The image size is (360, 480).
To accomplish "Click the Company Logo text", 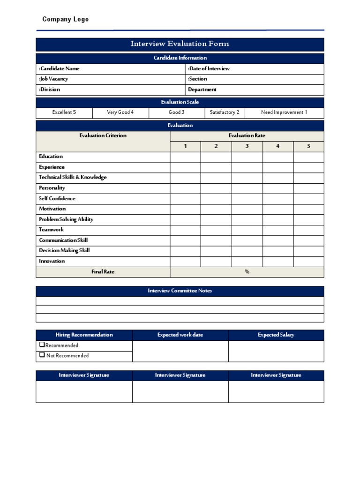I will tap(65, 19).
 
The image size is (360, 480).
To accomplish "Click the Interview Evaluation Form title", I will tap(180, 44).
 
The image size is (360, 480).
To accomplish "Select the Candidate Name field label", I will tap(59, 68).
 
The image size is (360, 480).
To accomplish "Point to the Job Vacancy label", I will tap(53, 79).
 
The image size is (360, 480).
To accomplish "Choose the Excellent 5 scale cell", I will tap(64, 112).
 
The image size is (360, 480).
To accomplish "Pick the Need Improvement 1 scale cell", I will tap(284, 112).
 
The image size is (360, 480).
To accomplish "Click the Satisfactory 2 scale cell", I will tap(225, 112).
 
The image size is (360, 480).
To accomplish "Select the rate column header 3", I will tap(247, 146).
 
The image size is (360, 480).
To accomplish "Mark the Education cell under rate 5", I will tap(308, 157).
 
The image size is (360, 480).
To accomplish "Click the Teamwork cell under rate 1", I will tap(185, 230).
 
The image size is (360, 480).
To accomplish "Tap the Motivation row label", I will tap(52, 209).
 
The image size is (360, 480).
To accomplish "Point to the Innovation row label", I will tap(52, 261).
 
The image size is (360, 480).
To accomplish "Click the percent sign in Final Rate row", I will tap(247, 272).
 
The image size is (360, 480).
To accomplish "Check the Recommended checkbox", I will tap(42, 345).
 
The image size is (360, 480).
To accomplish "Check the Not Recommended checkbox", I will tap(42, 355).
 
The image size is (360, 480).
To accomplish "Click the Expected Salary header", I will tap(276, 335).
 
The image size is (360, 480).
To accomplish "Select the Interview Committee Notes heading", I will tap(180, 291).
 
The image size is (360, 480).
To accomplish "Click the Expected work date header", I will tap(180, 335).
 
